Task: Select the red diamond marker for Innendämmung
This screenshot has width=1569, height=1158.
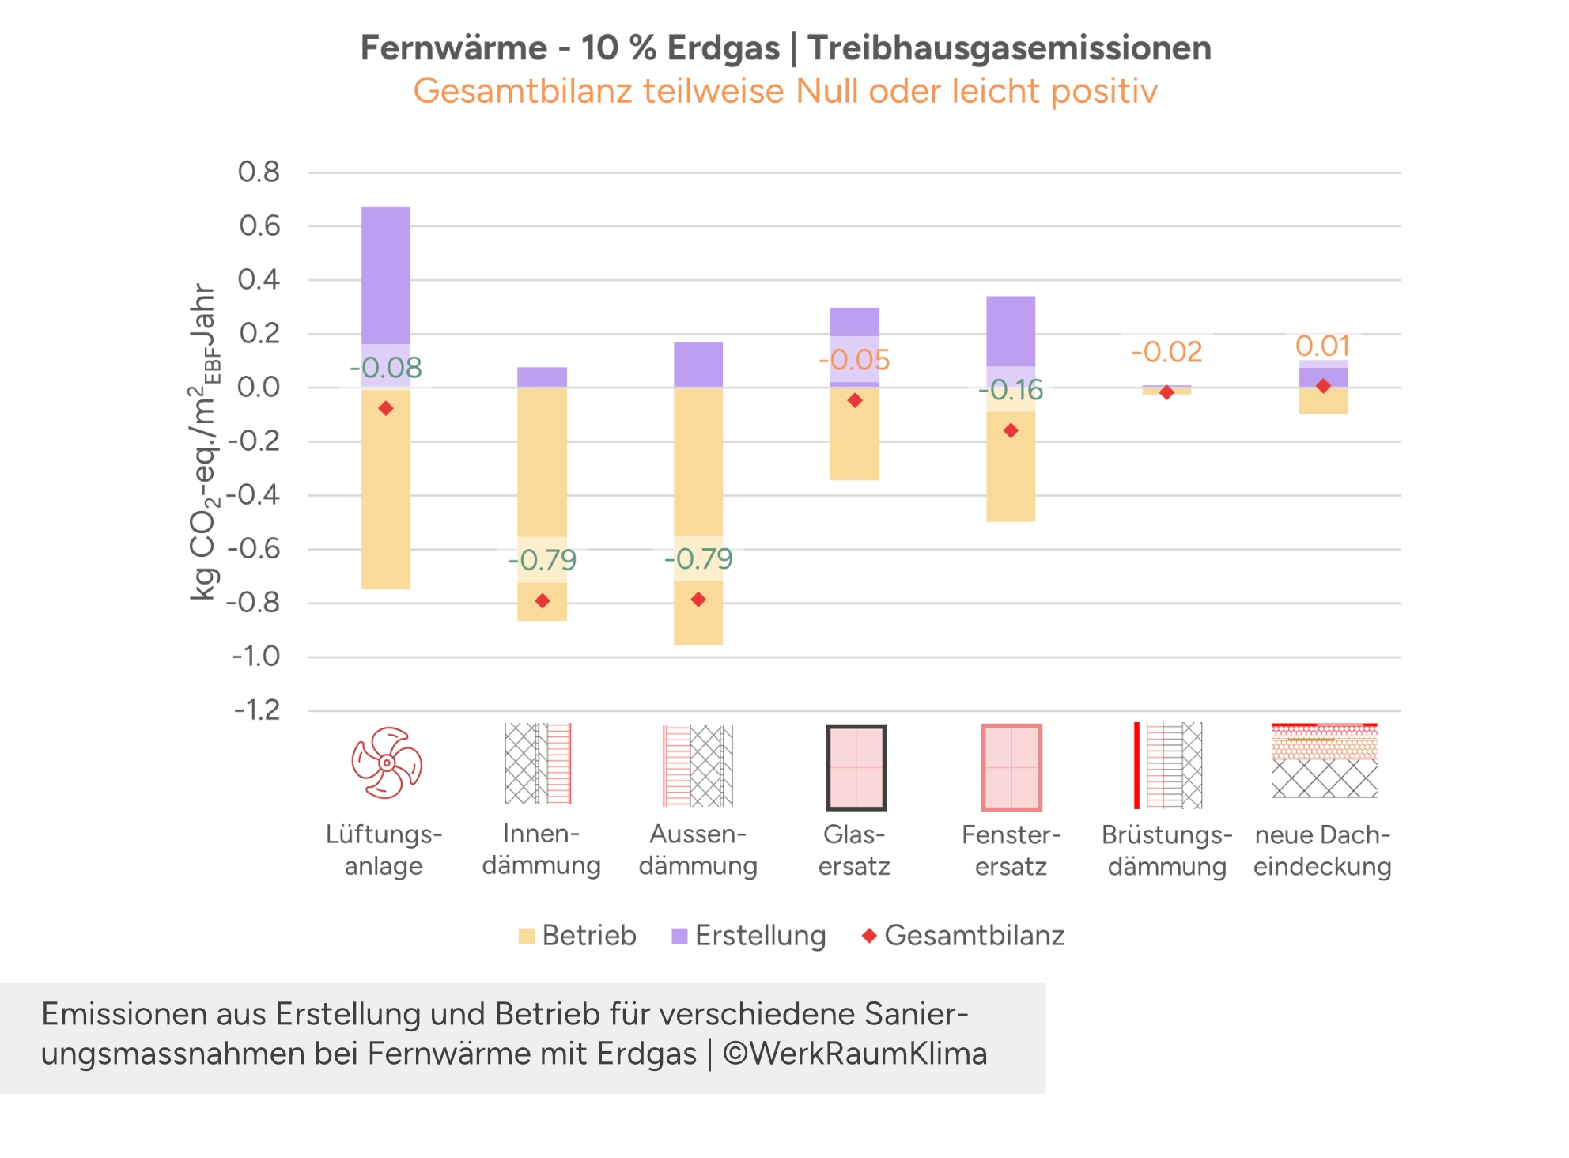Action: click(543, 601)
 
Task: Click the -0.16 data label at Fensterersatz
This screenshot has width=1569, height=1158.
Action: click(1011, 390)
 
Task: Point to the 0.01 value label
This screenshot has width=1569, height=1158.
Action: click(1322, 346)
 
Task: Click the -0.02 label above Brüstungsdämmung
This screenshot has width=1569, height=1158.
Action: click(1166, 352)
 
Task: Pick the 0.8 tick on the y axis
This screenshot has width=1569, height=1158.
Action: click(259, 172)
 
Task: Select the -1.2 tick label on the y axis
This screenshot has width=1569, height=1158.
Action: click(256, 710)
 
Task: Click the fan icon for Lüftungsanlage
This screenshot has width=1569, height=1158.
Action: click(387, 763)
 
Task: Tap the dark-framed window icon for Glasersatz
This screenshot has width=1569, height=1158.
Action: click(856, 767)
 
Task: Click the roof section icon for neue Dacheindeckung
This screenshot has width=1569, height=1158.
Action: click(1324, 760)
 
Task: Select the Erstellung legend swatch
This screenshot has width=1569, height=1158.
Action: click(679, 937)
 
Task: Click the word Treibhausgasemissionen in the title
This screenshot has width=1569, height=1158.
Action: click(1009, 47)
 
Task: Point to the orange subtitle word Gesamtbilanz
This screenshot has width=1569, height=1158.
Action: click(522, 91)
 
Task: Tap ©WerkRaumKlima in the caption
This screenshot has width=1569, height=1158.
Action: click(855, 1054)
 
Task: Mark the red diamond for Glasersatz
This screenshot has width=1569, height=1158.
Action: click(855, 401)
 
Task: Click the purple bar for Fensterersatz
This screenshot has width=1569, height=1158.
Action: click(1011, 330)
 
